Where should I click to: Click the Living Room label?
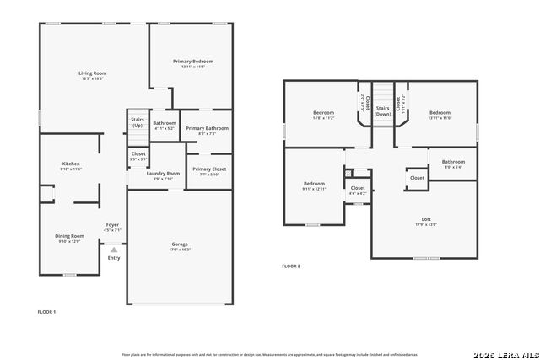point(91,74)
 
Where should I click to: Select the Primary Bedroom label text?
point(193,62)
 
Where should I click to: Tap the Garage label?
point(180,244)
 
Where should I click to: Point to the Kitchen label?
point(71,164)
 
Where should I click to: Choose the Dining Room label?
point(71,236)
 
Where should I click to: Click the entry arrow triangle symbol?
point(114,250)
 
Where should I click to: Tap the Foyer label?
point(112,225)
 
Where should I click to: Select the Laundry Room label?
point(163,174)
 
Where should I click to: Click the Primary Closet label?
point(208,169)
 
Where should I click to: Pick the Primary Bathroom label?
point(207,128)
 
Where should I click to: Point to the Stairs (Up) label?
point(138,122)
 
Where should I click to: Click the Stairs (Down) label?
point(383,110)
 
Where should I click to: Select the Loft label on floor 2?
point(426,219)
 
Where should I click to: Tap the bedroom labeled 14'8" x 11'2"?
point(324,113)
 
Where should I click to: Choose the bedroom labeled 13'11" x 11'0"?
point(440,113)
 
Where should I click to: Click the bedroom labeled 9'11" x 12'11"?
point(314,184)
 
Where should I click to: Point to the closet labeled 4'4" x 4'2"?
point(358,189)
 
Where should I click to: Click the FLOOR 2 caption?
point(291,266)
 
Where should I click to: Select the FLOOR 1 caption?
point(46,312)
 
